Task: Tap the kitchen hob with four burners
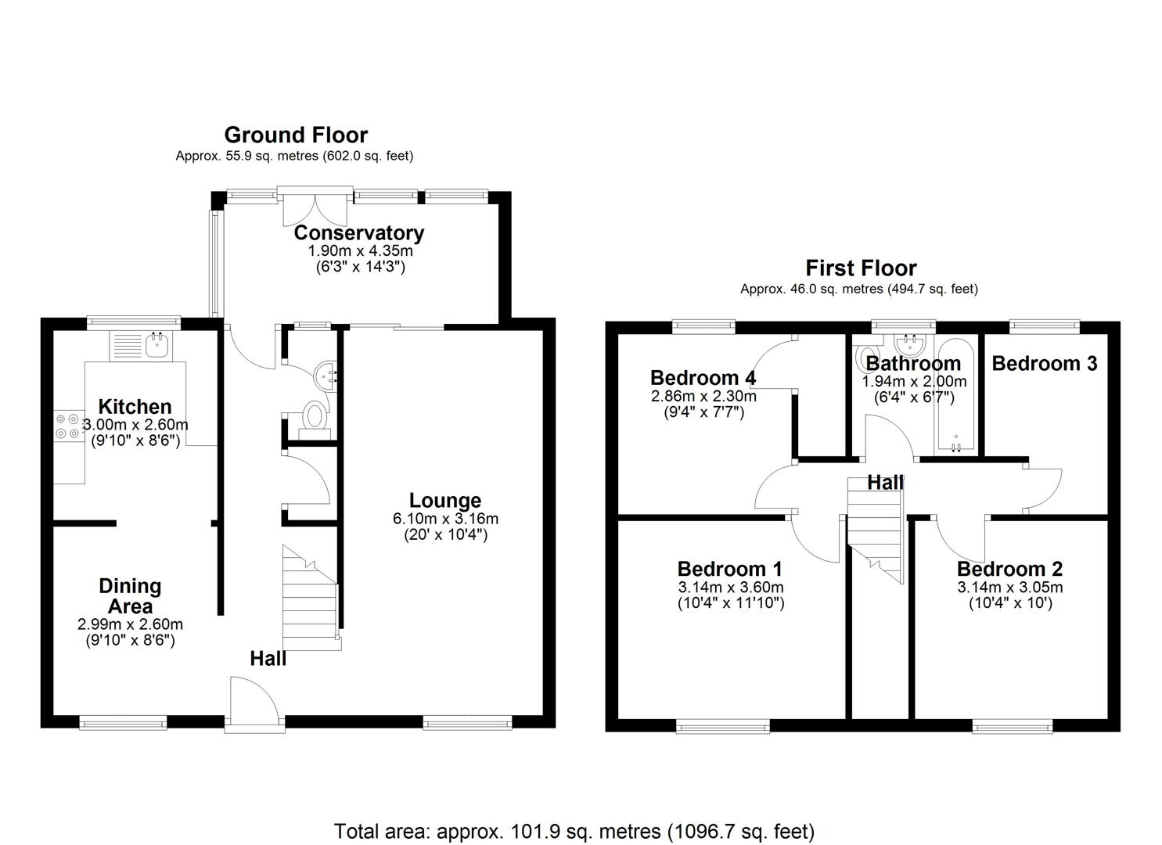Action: pyautogui.click(x=67, y=426)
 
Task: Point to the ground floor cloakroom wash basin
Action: pyautogui.click(x=325, y=376)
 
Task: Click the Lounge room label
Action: pyautogui.click(x=445, y=501)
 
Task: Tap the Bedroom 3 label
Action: pyautogui.click(x=1044, y=363)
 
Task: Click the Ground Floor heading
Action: pyautogui.click(x=296, y=135)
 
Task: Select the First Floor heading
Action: pyautogui.click(x=861, y=268)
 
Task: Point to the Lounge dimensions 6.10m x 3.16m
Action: pyautogui.click(x=445, y=519)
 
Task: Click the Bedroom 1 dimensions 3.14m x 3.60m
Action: pyautogui.click(x=730, y=588)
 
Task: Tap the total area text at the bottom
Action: pyautogui.click(x=574, y=831)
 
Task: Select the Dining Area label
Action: pyautogui.click(x=130, y=595)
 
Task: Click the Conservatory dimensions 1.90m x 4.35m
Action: pyautogui.click(x=359, y=251)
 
